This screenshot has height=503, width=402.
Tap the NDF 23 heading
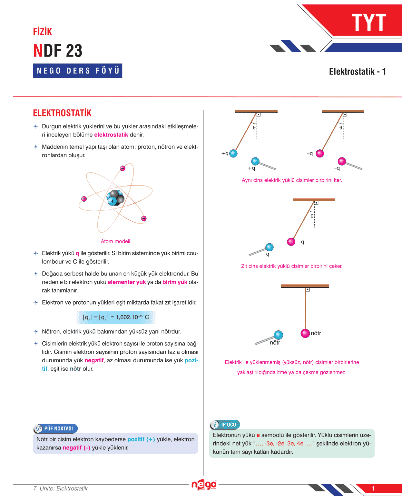58,50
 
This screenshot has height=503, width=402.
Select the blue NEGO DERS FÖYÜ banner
77,71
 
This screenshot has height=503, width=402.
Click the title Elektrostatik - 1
357,72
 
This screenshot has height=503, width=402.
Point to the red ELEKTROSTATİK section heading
62,113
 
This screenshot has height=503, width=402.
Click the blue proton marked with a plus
113,201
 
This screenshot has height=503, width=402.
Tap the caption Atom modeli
115,241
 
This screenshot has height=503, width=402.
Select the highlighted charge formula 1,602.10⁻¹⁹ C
116,317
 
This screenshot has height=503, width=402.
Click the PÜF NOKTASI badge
55,428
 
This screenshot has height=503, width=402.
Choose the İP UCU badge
225,425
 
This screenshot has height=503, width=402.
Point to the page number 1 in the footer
373,488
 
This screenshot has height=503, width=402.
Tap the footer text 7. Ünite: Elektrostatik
60,488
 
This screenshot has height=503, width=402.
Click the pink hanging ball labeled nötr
305,333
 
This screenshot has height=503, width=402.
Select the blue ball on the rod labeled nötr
278,335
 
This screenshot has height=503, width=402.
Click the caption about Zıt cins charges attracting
292,266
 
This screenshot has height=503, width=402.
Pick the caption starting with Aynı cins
292,180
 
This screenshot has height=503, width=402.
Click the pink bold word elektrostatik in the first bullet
111,135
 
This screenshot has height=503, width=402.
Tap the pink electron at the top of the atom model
123,168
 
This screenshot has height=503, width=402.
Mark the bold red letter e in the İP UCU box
258,435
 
